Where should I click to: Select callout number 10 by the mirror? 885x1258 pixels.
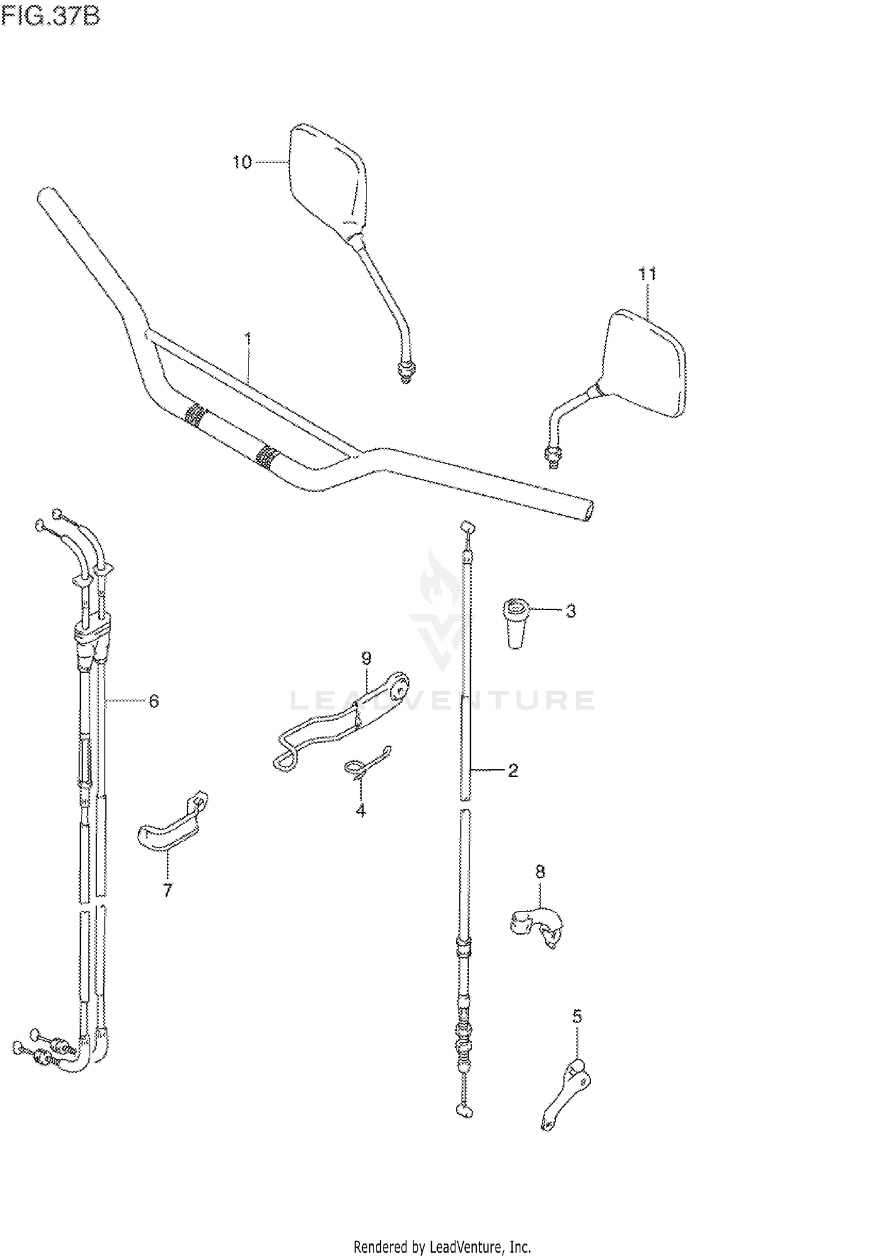pos(242,162)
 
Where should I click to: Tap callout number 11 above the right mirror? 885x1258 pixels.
pos(647,274)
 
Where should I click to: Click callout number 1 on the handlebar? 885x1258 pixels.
pos(248,339)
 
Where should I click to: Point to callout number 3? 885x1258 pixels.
pos(571,611)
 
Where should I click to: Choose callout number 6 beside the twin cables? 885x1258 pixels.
pos(153,701)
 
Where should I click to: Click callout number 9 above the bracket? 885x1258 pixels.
pos(366,658)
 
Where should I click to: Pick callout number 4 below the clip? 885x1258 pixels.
pos(360,811)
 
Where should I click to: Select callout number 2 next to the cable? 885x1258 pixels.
pos(513,770)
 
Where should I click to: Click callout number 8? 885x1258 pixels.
pos(540,871)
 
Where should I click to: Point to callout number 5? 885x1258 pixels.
pos(577,1017)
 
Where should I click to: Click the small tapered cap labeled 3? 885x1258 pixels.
pos(516,623)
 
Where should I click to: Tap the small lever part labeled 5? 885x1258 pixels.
pos(567,1086)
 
